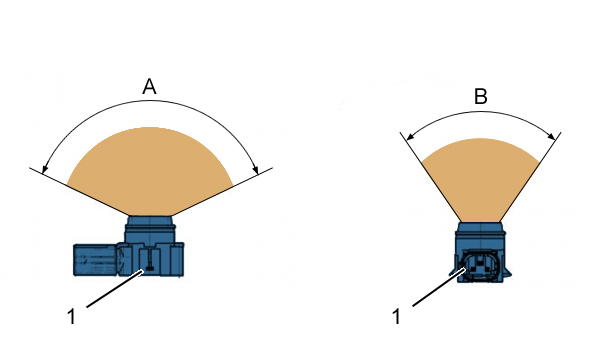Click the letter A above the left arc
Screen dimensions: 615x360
(x=149, y=87)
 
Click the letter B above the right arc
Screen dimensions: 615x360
(x=481, y=96)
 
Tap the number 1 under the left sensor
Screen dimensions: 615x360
(x=71, y=316)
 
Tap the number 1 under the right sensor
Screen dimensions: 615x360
(x=397, y=316)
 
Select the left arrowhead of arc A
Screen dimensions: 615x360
(x=45, y=168)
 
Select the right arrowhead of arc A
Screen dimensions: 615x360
(x=255, y=169)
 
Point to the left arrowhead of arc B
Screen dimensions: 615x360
(x=410, y=136)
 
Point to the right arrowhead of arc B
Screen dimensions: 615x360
(x=551, y=136)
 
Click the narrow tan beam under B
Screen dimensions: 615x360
(x=480, y=180)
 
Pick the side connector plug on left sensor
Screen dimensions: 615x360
(x=96, y=259)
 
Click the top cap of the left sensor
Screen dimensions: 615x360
(x=150, y=220)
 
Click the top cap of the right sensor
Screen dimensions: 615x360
(x=480, y=227)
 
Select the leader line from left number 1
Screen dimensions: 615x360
(x=115, y=289)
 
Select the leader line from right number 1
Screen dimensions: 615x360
(x=439, y=287)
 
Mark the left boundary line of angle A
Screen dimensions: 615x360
(x=79, y=192)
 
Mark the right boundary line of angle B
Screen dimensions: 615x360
(x=530, y=178)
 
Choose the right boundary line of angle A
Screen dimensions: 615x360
(x=222, y=192)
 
